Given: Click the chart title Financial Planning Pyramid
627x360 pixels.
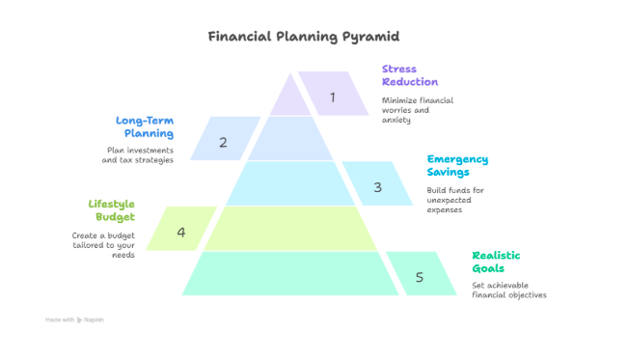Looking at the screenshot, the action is click(x=304, y=37).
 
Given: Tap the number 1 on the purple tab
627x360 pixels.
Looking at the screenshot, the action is click(x=332, y=97).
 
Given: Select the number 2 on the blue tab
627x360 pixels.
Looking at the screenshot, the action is click(x=223, y=143).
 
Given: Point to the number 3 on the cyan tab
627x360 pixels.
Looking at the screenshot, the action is click(x=377, y=187).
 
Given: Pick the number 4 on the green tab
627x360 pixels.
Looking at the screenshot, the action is click(x=181, y=233).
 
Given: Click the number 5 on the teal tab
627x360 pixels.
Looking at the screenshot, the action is click(x=419, y=277).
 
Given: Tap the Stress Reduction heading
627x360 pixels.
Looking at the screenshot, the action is click(x=410, y=75).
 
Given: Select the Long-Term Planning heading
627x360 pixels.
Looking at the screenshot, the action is click(x=145, y=126).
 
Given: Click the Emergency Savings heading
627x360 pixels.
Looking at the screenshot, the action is click(x=457, y=165).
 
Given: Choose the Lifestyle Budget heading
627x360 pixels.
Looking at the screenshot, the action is click(x=112, y=210).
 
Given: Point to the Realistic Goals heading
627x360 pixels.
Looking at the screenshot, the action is click(x=496, y=262).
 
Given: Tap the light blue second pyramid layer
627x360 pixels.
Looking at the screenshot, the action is click(x=290, y=138).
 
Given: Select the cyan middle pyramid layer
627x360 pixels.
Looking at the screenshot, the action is click(x=290, y=183).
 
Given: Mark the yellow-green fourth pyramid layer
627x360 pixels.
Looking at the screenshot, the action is click(x=290, y=229).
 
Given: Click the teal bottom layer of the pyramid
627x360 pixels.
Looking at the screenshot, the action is click(x=290, y=273).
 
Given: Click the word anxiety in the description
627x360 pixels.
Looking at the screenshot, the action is click(x=396, y=120).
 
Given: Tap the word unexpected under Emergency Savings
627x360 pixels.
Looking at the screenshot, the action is click(x=450, y=200).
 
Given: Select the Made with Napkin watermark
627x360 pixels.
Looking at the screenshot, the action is click(x=74, y=319).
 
